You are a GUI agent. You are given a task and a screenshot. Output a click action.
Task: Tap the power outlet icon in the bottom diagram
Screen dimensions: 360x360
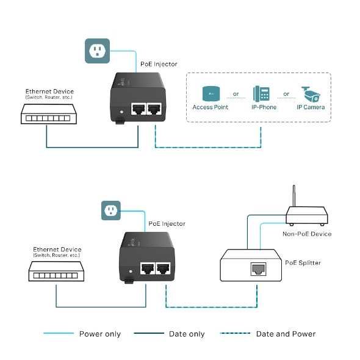[112, 211]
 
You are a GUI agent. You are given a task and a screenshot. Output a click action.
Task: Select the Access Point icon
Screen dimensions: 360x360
[211, 94]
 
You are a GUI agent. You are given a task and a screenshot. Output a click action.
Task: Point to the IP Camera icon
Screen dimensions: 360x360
[311, 94]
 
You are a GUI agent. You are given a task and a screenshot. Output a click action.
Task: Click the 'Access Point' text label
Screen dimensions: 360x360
[211, 107]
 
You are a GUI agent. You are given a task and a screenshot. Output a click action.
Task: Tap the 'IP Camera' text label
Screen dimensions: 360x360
[311, 107]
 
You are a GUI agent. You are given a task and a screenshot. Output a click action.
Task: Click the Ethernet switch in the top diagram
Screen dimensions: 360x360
[46, 113]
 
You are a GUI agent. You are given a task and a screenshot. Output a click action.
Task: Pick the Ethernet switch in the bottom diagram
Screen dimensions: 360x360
[56, 272]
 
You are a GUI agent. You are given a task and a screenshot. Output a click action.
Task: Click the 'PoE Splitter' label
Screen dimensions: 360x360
[303, 263]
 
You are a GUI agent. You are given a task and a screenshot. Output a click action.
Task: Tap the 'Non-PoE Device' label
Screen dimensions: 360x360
[306, 234]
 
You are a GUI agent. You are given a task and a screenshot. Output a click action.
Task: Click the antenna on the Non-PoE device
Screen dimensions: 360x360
[293, 196]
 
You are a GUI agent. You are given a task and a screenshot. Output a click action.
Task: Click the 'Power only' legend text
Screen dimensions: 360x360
[100, 334]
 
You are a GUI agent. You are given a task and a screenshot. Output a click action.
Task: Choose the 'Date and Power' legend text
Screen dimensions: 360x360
[286, 334]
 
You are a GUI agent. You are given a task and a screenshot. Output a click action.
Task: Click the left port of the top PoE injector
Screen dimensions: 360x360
[139, 109]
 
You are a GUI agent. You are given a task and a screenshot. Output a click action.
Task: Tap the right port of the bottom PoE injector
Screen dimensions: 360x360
[163, 268]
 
